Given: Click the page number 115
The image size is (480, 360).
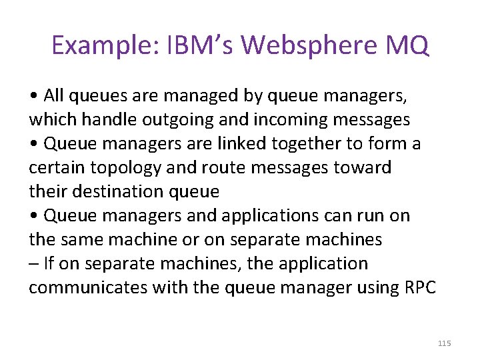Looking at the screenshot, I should pyautogui.click(x=445, y=343).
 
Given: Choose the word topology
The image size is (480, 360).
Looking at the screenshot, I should pyautogui.click(x=138, y=168).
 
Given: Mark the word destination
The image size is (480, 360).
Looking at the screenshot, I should pyautogui.click(x=110, y=192).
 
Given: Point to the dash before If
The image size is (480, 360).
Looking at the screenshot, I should pyautogui.click(x=33, y=264).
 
